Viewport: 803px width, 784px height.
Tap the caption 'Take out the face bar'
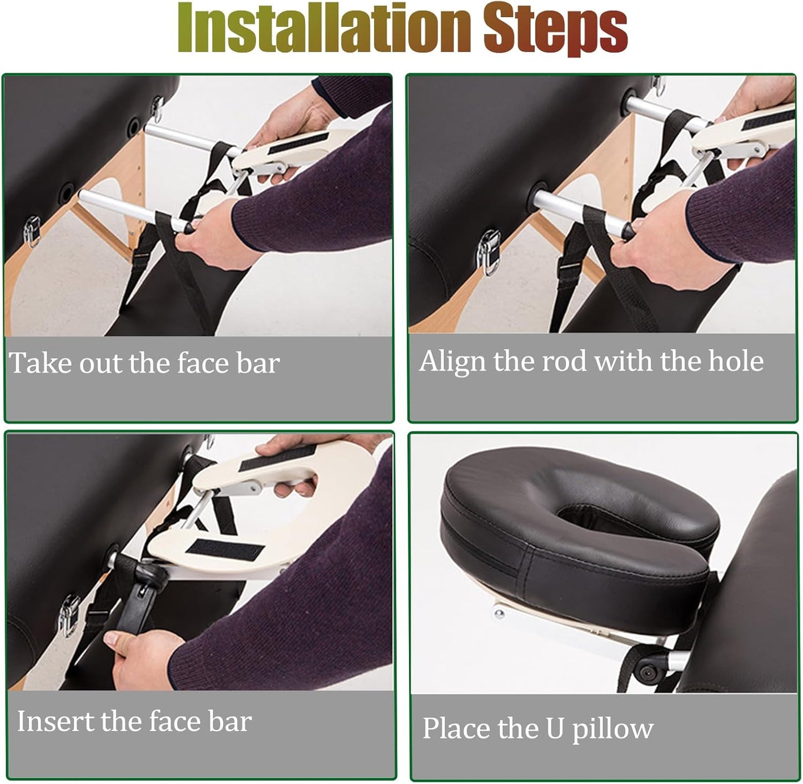[144, 363]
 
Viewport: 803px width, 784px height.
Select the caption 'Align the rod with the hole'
[591, 361]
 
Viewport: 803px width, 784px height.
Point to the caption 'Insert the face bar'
[134, 721]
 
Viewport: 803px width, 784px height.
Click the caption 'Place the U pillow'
[537, 728]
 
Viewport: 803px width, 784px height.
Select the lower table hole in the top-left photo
[66, 192]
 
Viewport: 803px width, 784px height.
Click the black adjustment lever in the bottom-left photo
[139, 601]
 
